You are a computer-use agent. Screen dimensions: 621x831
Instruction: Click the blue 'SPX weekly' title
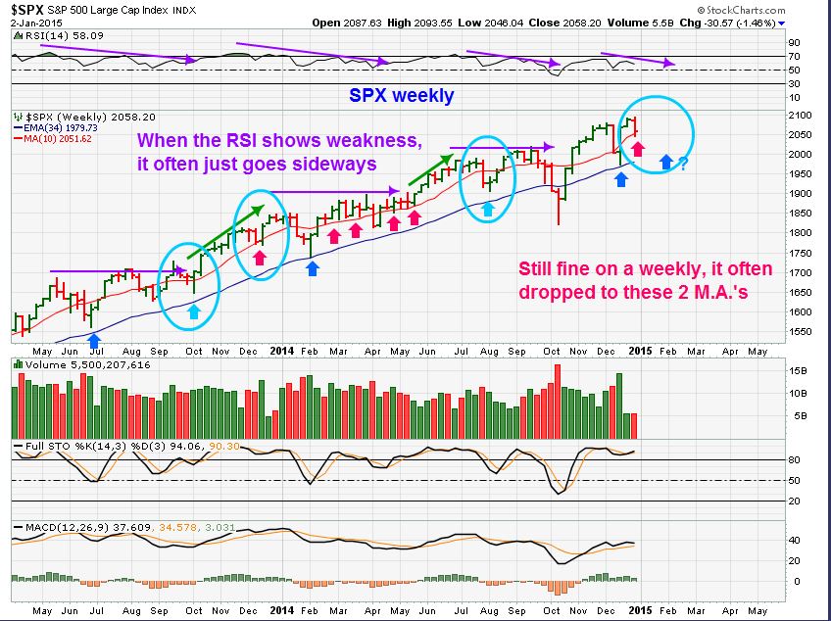click(402, 96)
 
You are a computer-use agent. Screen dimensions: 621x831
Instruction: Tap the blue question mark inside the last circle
click(682, 164)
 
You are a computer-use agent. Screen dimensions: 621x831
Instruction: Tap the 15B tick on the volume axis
click(799, 370)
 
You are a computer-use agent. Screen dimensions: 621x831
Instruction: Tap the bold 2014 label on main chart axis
click(281, 351)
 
